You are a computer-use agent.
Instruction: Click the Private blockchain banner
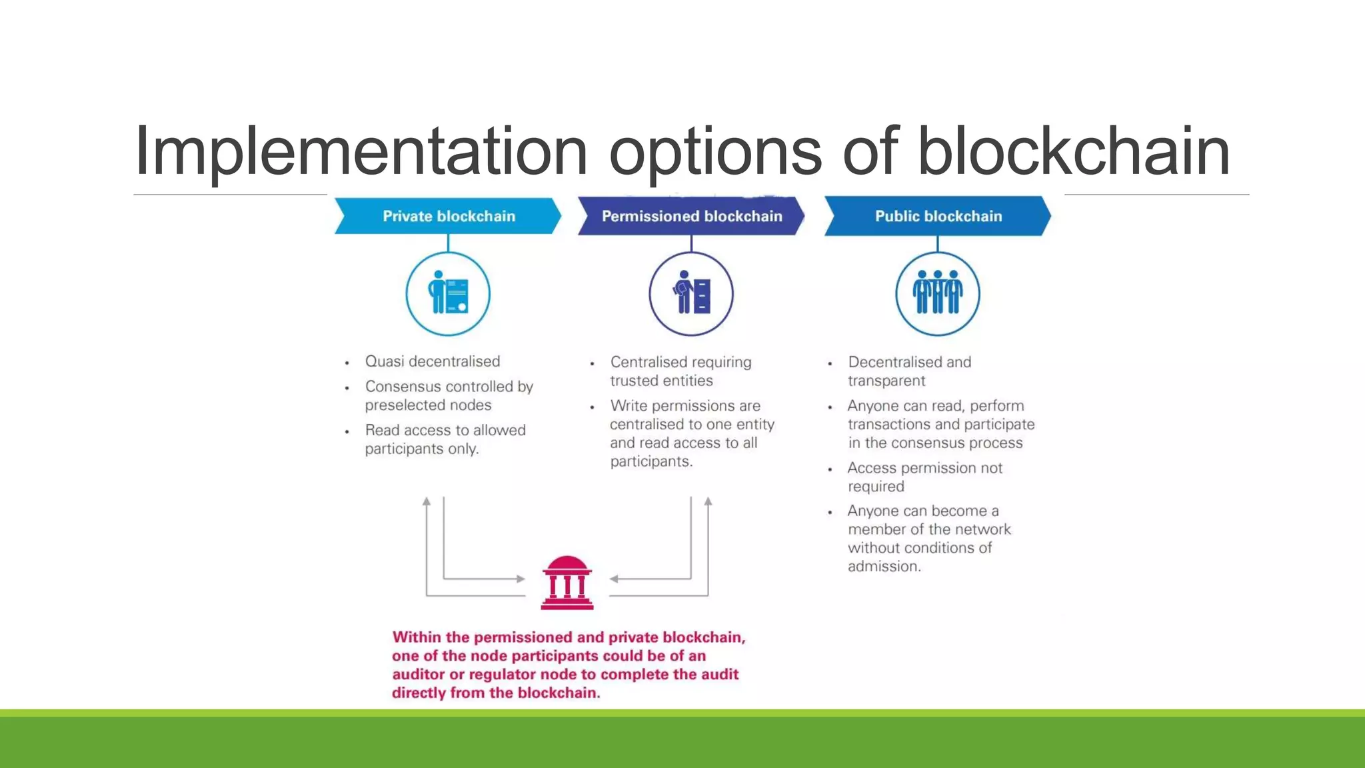click(448, 216)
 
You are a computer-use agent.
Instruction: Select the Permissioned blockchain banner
click(691, 216)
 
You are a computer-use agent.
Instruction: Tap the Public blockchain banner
click(938, 216)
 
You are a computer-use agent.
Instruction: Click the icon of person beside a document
click(448, 293)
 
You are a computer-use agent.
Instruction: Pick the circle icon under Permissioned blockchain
click(691, 293)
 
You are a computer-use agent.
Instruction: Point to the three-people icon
click(938, 293)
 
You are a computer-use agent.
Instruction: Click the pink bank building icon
click(567, 583)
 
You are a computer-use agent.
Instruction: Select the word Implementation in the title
click(361, 151)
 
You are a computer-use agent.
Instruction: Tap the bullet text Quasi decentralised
click(432, 361)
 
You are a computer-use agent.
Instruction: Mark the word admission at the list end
click(884, 567)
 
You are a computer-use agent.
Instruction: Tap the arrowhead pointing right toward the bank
click(521, 579)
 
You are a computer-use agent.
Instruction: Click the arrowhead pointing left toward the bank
click(614, 579)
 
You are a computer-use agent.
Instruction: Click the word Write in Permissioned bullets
click(629, 405)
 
